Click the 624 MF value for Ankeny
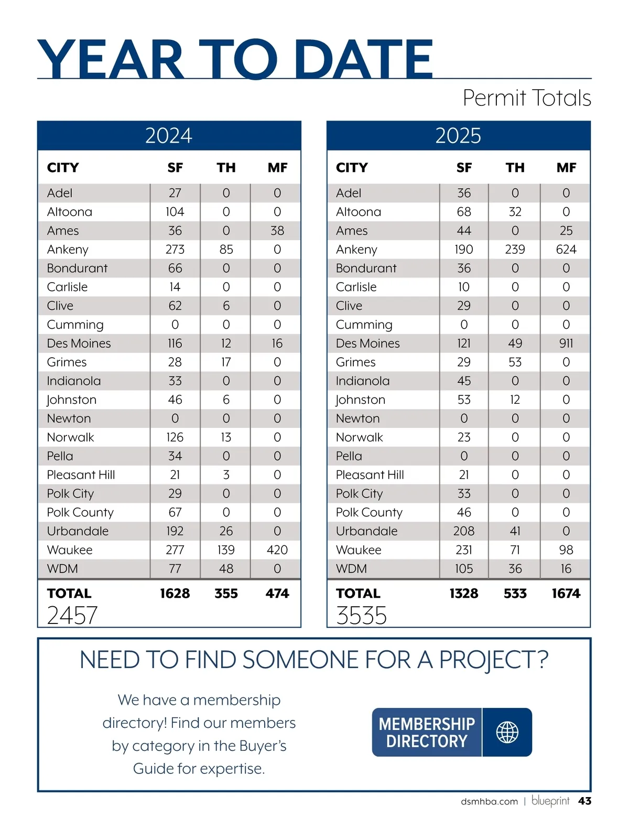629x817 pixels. click(x=566, y=250)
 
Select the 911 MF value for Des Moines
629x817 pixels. click(x=566, y=343)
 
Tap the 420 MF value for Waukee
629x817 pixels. click(x=277, y=550)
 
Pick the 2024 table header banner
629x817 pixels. click(x=169, y=136)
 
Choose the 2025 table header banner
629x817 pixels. click(x=458, y=136)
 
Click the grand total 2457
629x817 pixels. click(x=72, y=615)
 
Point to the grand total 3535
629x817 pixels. click(x=361, y=615)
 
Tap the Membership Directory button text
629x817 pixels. click(x=427, y=733)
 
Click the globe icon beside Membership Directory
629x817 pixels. click(x=507, y=733)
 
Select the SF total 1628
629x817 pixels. click(x=175, y=594)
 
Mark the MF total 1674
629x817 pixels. click(x=566, y=594)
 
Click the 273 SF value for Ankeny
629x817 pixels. click(x=175, y=250)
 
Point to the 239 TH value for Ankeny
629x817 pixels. click(x=515, y=250)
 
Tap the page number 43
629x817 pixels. click(x=584, y=801)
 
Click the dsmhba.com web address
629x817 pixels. click(x=489, y=802)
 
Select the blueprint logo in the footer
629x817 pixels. click(x=550, y=801)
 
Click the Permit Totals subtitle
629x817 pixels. click(x=527, y=98)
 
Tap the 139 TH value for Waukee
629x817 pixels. click(x=226, y=550)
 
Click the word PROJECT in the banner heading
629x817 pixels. click(x=487, y=660)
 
